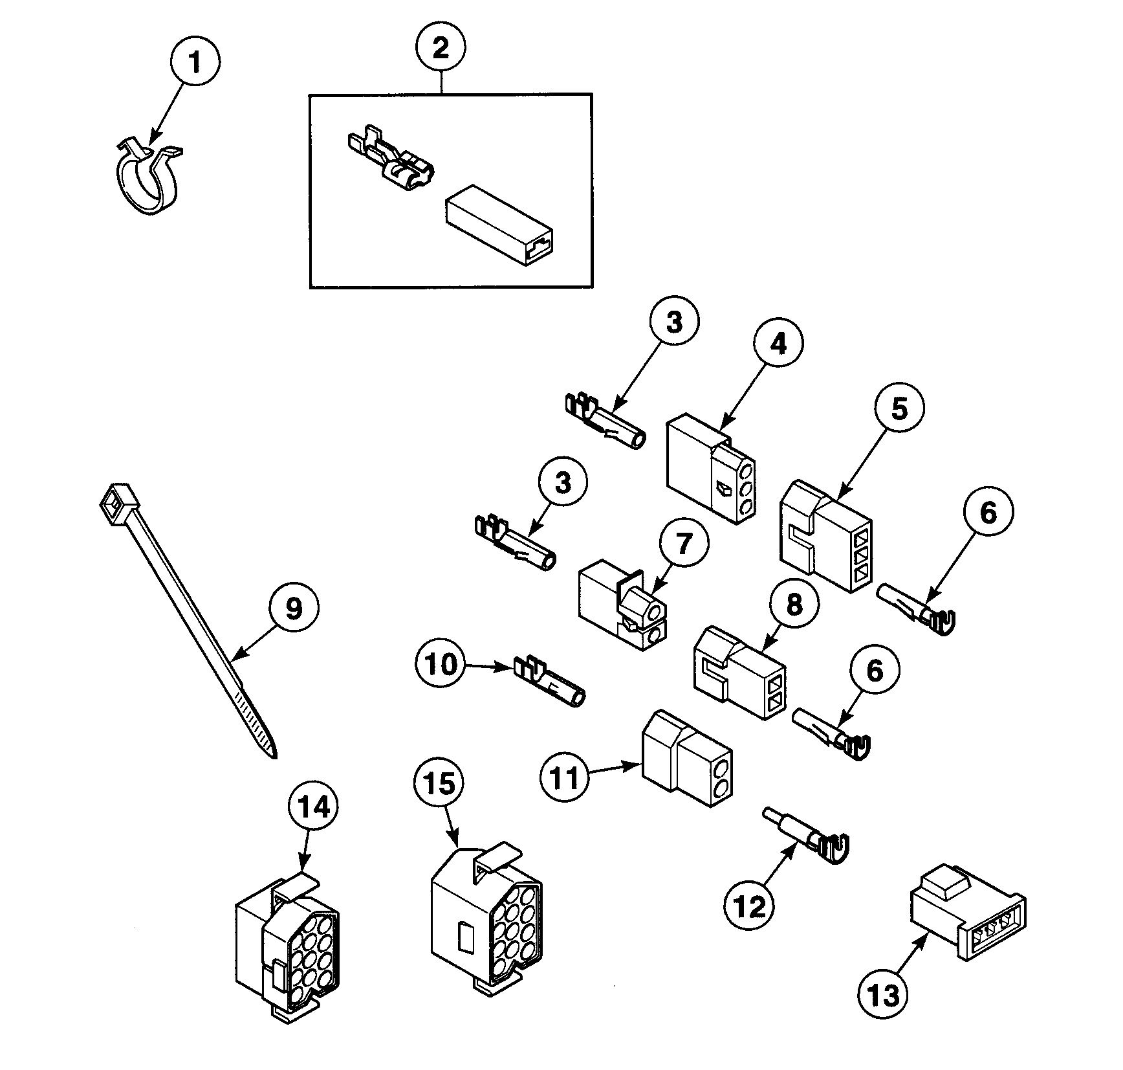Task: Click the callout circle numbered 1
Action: click(195, 62)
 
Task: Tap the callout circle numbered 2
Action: click(441, 48)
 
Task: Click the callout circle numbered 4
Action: click(779, 344)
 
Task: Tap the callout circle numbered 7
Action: click(684, 542)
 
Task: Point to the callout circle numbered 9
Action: click(293, 608)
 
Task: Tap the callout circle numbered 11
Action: click(565, 778)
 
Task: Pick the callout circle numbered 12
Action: click(750, 908)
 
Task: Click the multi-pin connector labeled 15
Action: click(485, 918)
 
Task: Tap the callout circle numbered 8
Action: click(794, 604)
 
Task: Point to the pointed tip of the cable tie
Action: click(273, 753)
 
